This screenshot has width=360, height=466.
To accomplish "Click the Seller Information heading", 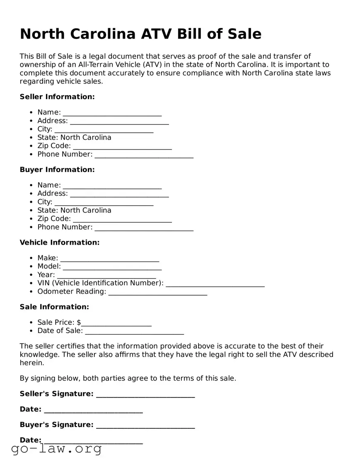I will (x=57, y=97).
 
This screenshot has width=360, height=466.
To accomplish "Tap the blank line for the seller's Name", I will (x=112, y=113).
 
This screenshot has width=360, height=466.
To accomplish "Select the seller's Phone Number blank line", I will (x=144, y=155).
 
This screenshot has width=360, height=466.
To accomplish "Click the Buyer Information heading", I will (x=57, y=170).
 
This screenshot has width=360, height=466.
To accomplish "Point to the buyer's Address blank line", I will (x=119, y=194).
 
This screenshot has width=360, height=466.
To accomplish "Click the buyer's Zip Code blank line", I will (x=122, y=219).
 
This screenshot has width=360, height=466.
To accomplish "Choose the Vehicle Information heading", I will (x=60, y=243).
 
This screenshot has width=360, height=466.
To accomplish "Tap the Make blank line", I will (x=109, y=258).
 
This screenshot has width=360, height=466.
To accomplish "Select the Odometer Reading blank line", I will (x=158, y=292).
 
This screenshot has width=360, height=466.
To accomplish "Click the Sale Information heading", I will (x=54, y=307).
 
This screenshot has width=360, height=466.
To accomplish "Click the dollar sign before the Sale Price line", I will (x=79, y=323).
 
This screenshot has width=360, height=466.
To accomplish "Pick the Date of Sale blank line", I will (x=134, y=331).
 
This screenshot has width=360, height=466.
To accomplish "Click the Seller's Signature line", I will (x=145, y=394).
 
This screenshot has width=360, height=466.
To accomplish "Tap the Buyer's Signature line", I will (x=145, y=425).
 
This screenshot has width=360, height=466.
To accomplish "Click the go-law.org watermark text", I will (x=56, y=449).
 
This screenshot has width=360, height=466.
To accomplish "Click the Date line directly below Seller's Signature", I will (x=93, y=410).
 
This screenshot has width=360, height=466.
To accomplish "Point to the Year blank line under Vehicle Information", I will (x=106, y=275).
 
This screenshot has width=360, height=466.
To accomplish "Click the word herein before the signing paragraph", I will (x=31, y=363).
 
